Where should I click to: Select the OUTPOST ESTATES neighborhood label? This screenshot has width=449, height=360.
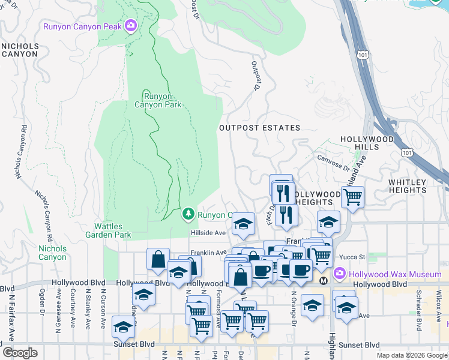tap(259, 128)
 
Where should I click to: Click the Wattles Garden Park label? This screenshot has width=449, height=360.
tap(112, 231)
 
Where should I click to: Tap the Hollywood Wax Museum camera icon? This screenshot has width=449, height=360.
tap(339, 274)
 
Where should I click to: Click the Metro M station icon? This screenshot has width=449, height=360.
tap(324, 280)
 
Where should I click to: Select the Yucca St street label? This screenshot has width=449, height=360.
tap(352, 257)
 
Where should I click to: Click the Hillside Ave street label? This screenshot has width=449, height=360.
tap(208, 233)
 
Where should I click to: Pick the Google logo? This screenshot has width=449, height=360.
tap(20, 353)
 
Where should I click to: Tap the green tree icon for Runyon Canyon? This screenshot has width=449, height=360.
tap(188, 214)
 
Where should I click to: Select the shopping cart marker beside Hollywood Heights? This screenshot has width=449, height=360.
tap(353, 196)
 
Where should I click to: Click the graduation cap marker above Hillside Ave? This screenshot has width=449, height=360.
tap(243, 224)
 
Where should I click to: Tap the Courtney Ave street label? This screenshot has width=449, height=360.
tap(73, 310)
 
